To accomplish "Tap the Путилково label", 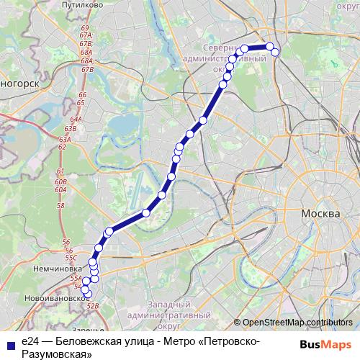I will coord(99,4).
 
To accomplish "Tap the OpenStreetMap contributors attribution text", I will coord(297,323).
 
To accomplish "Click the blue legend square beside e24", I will coord(9,344).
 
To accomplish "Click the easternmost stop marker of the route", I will coord(274,51).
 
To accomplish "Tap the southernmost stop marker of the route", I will coord(89,294).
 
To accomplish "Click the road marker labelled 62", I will coord(63,147).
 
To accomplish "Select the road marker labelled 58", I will coord(60,206).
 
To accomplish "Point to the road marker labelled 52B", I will coord(92,306).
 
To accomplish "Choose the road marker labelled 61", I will coord(60,171).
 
